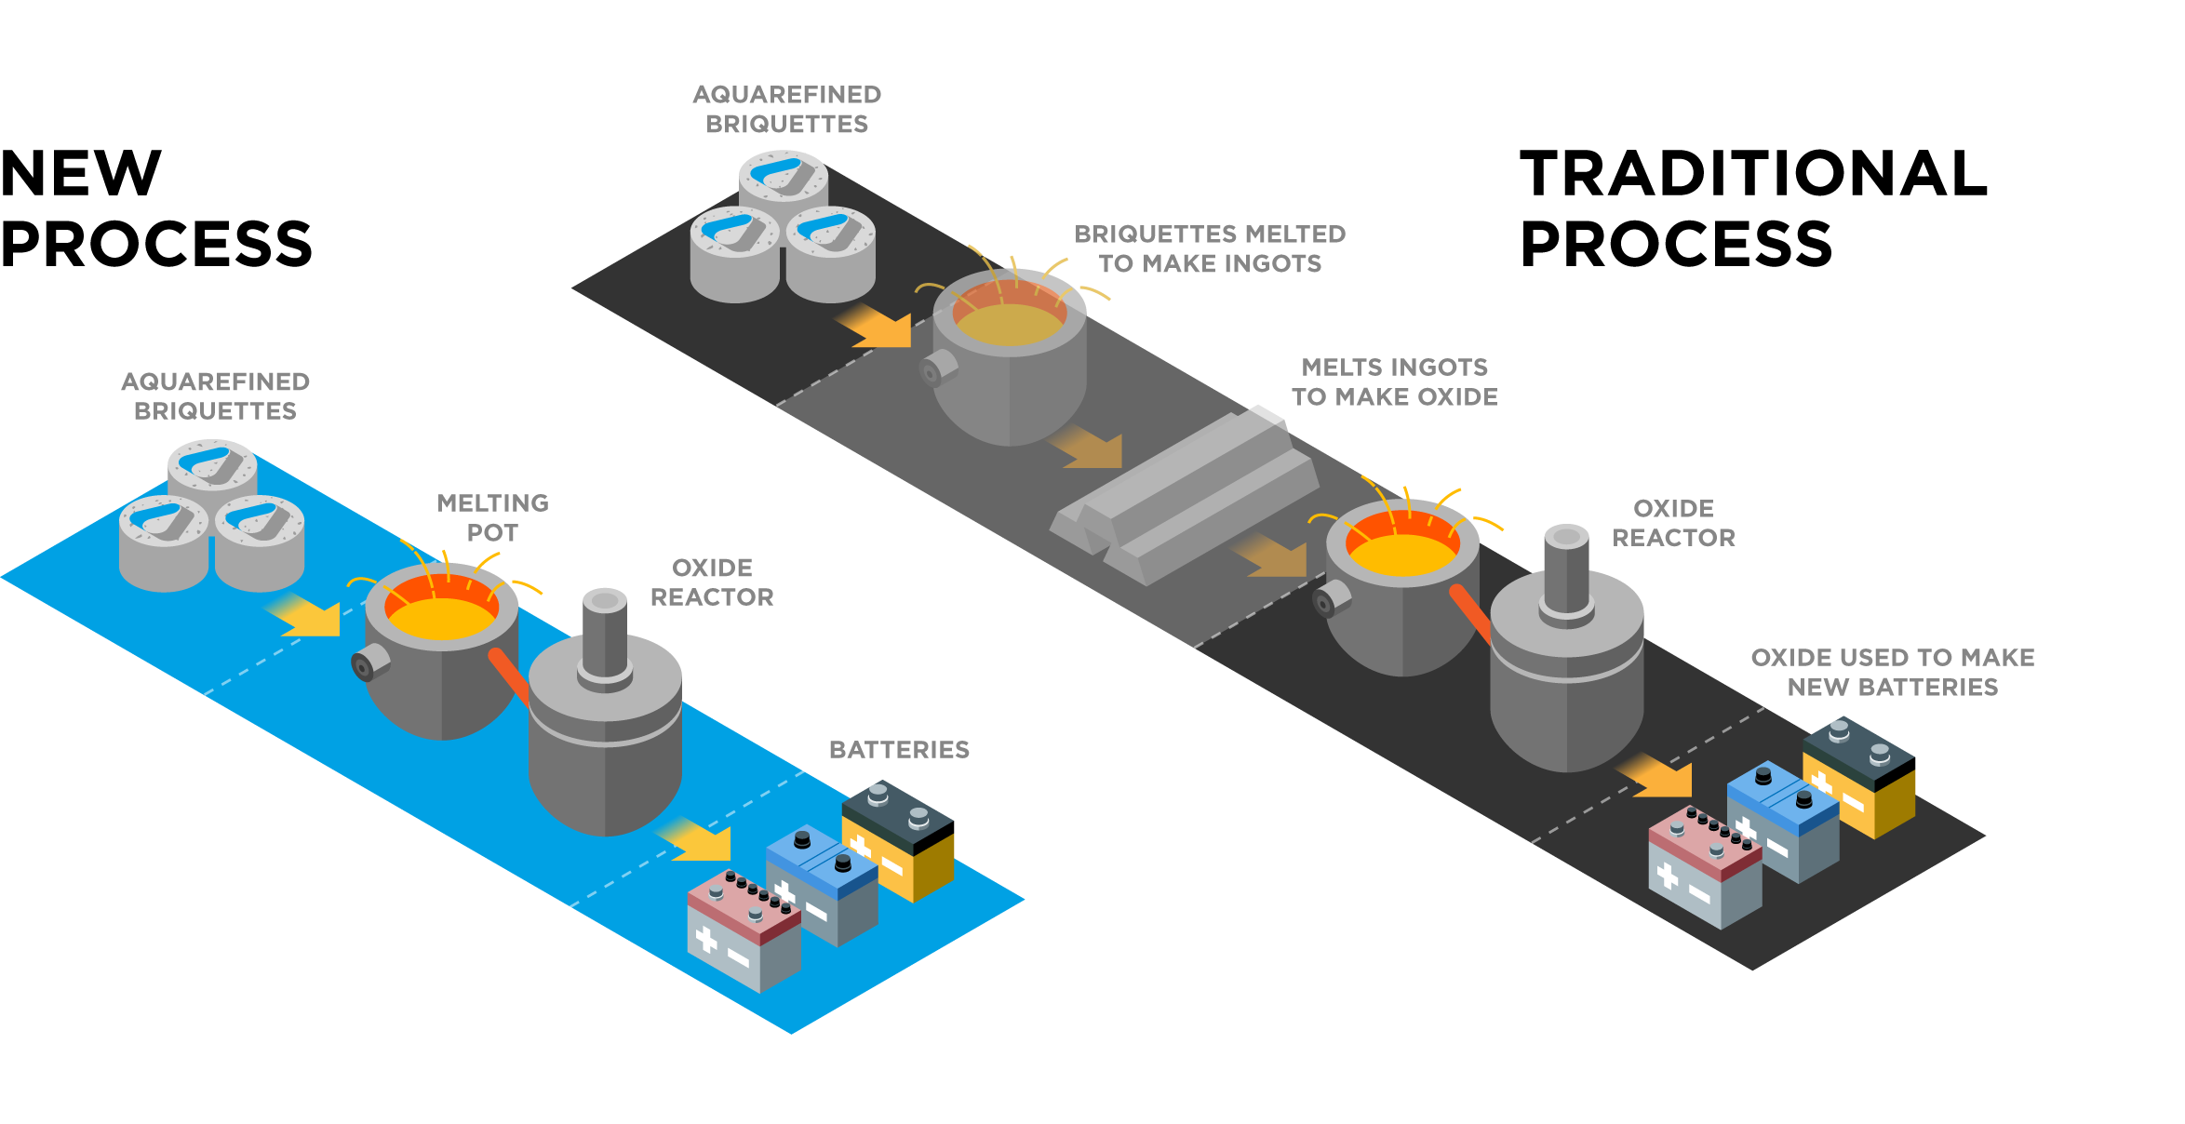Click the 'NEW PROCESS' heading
(156, 207)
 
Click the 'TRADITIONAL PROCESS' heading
(1753, 207)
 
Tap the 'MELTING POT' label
(493, 517)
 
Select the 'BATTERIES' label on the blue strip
(899, 750)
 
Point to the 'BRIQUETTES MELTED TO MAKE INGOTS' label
(1210, 248)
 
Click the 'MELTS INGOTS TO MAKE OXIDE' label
(1395, 381)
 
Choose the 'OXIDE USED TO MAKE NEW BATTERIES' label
(1893, 672)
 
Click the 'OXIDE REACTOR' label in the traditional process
(1673, 523)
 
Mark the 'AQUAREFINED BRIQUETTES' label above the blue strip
(215, 396)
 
